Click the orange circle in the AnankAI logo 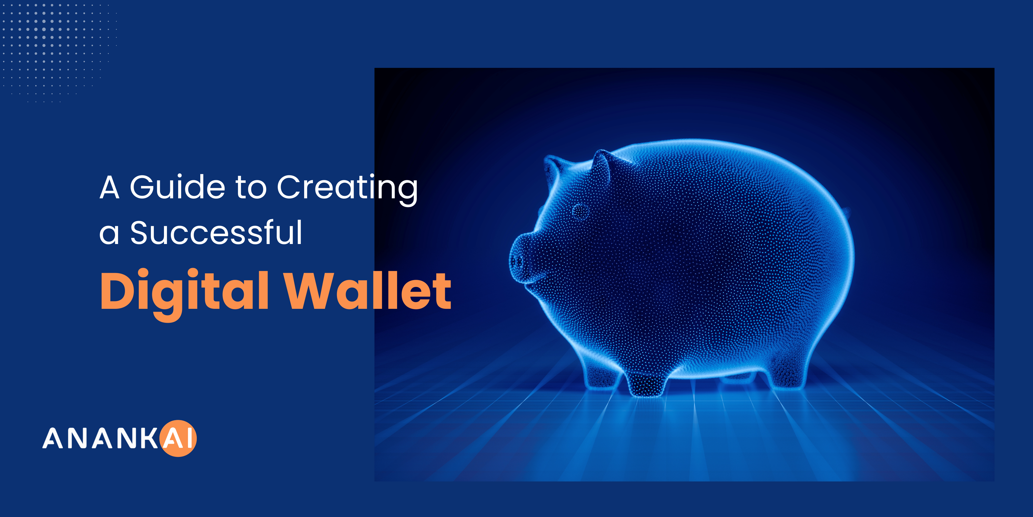(178, 438)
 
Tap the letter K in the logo (149, 438)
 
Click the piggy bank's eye (580, 211)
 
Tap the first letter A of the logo (53, 438)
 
